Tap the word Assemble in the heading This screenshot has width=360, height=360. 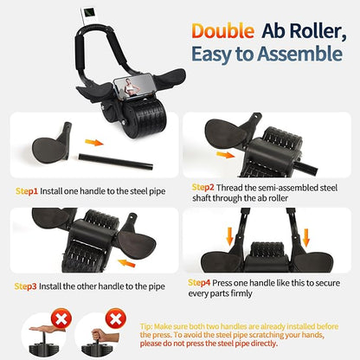click(x=295, y=55)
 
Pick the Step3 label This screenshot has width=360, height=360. click(x=27, y=285)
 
